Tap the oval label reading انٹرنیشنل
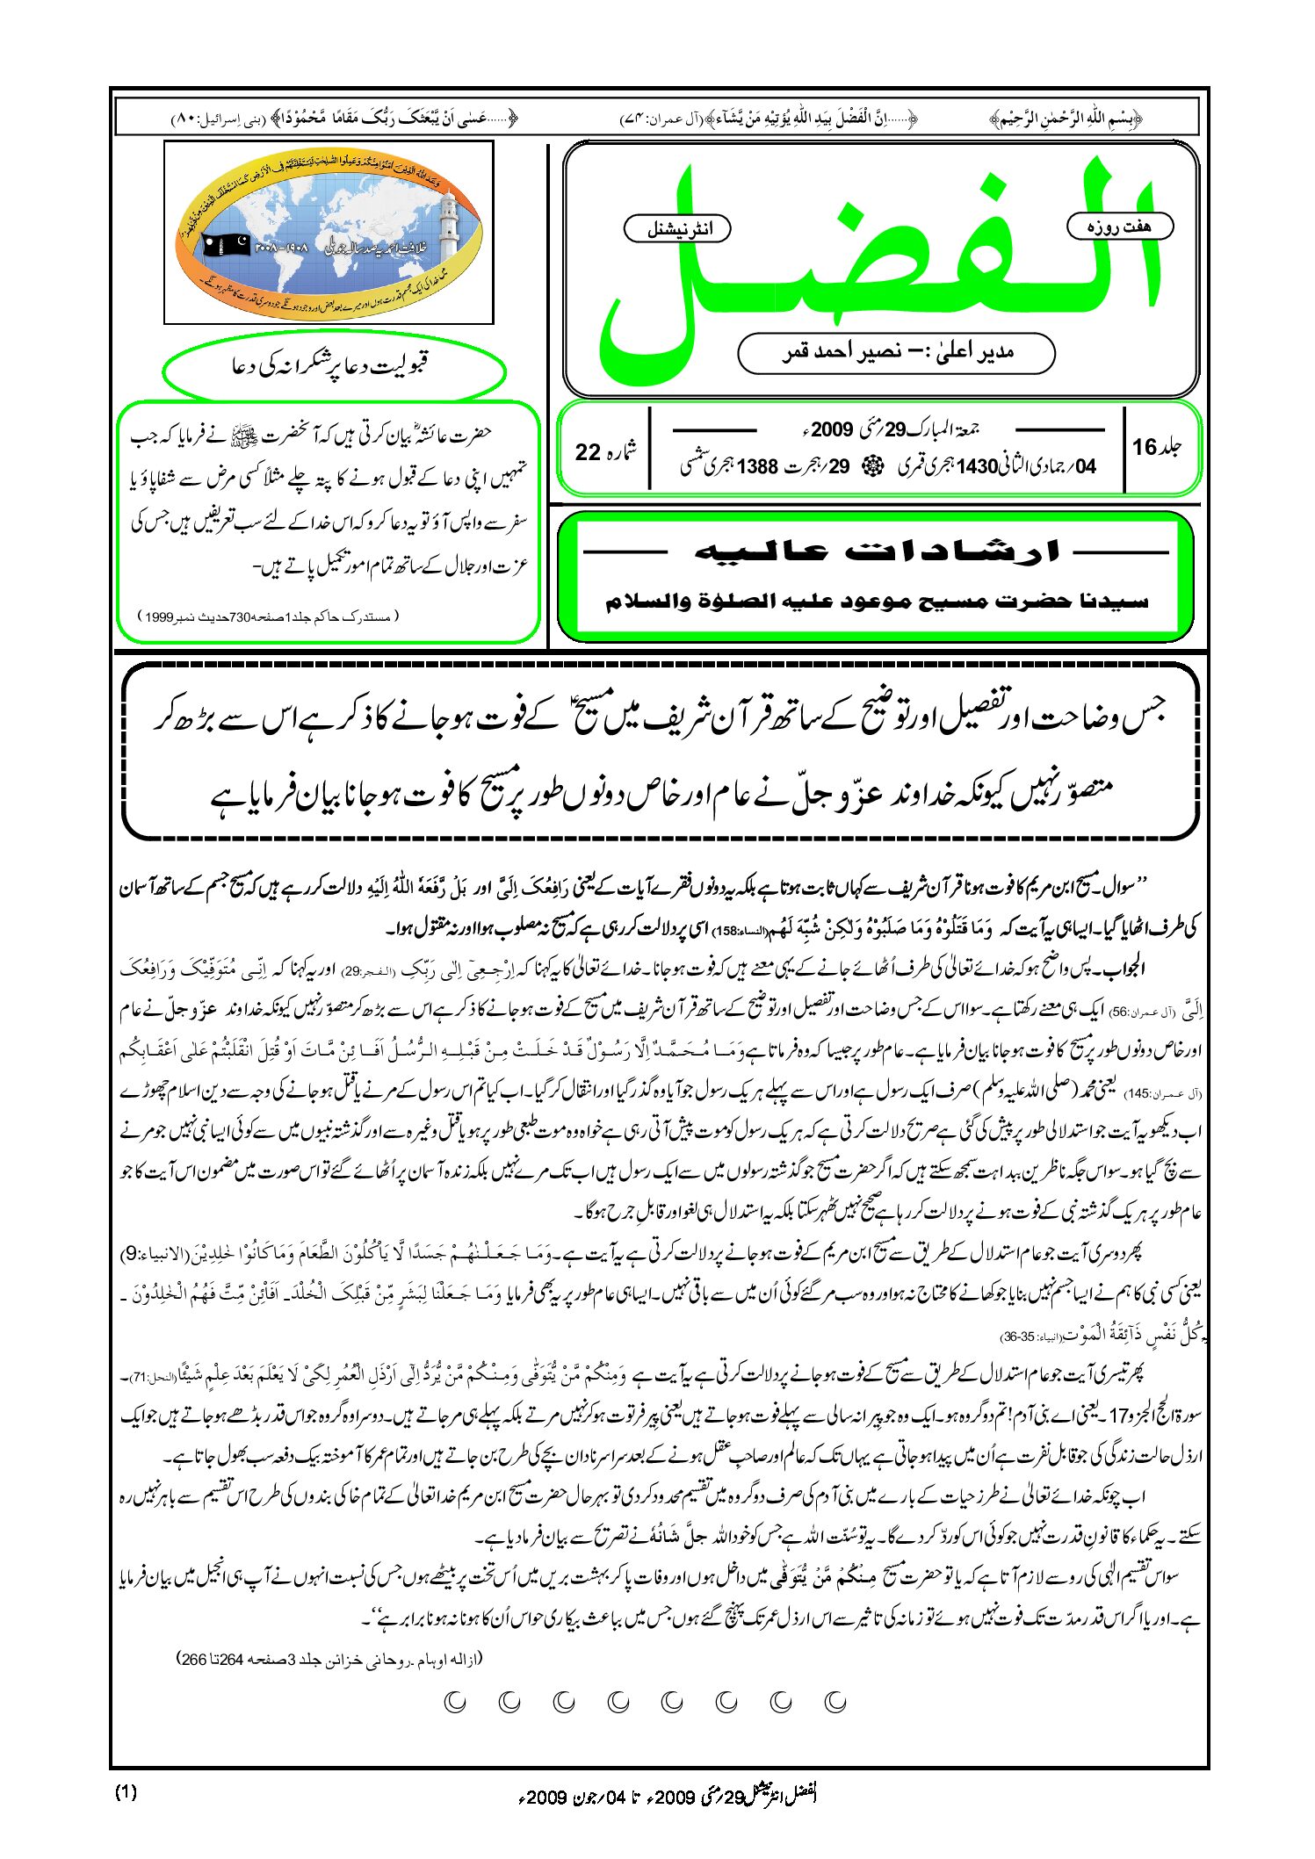[x=677, y=229]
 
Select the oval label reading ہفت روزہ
[x=1119, y=227]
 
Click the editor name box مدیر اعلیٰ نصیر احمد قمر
[x=896, y=353]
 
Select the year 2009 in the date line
[x=832, y=429]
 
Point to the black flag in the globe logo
[x=226, y=244]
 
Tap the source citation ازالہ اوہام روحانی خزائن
[x=329, y=1659]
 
